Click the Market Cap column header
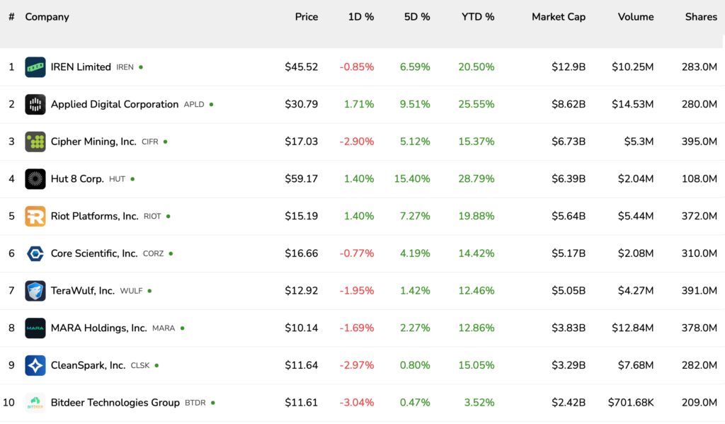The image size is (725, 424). pos(559,17)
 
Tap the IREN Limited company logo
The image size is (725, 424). pos(35,67)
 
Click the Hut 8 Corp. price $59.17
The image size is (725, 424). pos(301,179)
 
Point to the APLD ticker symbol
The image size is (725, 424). pos(194,105)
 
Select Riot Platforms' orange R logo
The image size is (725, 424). pos(35,217)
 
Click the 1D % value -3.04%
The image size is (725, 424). pos(357,403)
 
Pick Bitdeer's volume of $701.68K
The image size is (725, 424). pos(630,403)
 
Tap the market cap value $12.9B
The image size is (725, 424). pos(569,67)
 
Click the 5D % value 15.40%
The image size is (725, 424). pos(412,179)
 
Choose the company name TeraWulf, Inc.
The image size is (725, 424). pos(82,291)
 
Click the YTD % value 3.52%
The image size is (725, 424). pos(479,403)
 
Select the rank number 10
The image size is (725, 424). pos(9,403)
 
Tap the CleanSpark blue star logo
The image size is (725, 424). pos(35,365)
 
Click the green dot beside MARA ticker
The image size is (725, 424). pos(183,328)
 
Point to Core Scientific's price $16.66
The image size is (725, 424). pos(301,253)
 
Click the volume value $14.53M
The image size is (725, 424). pos(633,105)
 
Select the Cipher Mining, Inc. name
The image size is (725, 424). pos(93,142)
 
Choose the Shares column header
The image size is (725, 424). pos(701,17)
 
